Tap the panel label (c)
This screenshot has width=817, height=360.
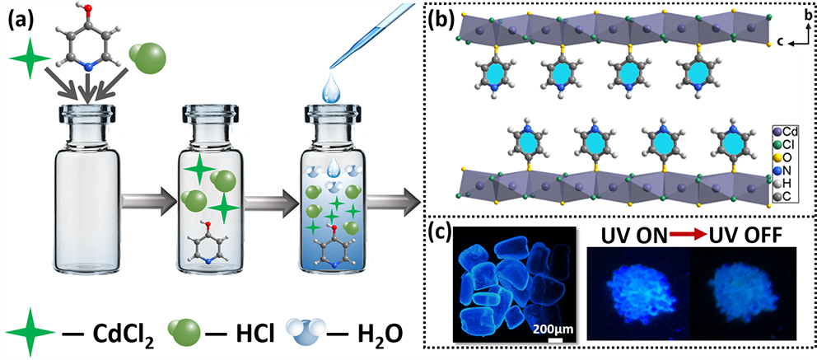click(x=442, y=234)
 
